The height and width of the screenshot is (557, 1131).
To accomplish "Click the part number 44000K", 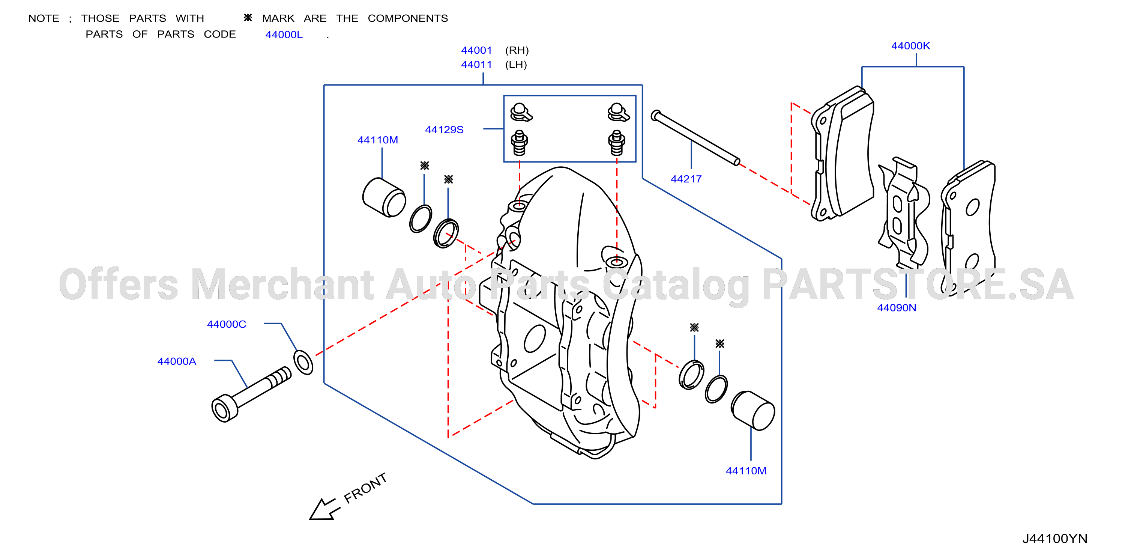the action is [x=910, y=46].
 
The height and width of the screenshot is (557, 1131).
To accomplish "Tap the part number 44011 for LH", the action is [x=476, y=65].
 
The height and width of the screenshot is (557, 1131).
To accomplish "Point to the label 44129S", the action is [x=444, y=129].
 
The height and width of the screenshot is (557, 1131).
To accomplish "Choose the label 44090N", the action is [x=896, y=307].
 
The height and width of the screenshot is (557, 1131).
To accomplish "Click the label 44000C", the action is [x=227, y=324].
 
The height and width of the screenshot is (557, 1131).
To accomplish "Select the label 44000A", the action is [x=177, y=361].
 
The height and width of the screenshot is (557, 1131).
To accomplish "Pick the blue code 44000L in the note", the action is [x=284, y=35].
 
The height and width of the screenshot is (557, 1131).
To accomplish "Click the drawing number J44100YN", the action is [x=1054, y=539].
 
